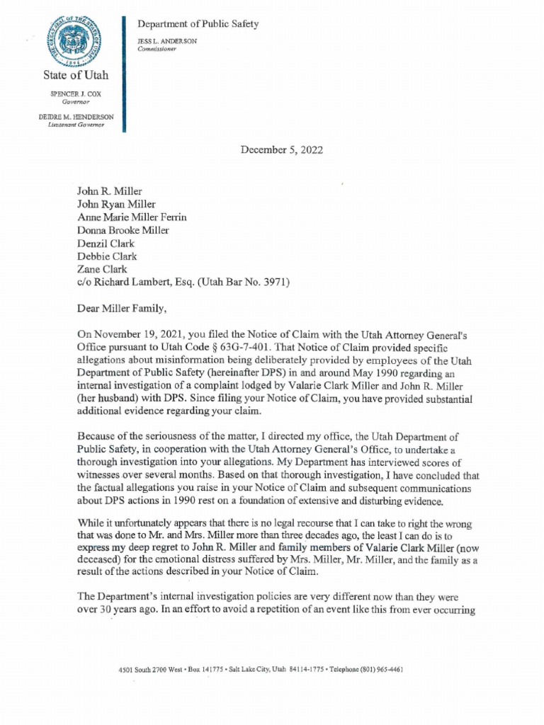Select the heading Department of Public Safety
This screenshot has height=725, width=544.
click(198, 24)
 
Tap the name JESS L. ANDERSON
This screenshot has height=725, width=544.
click(167, 41)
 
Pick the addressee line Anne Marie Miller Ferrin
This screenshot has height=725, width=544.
click(132, 217)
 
